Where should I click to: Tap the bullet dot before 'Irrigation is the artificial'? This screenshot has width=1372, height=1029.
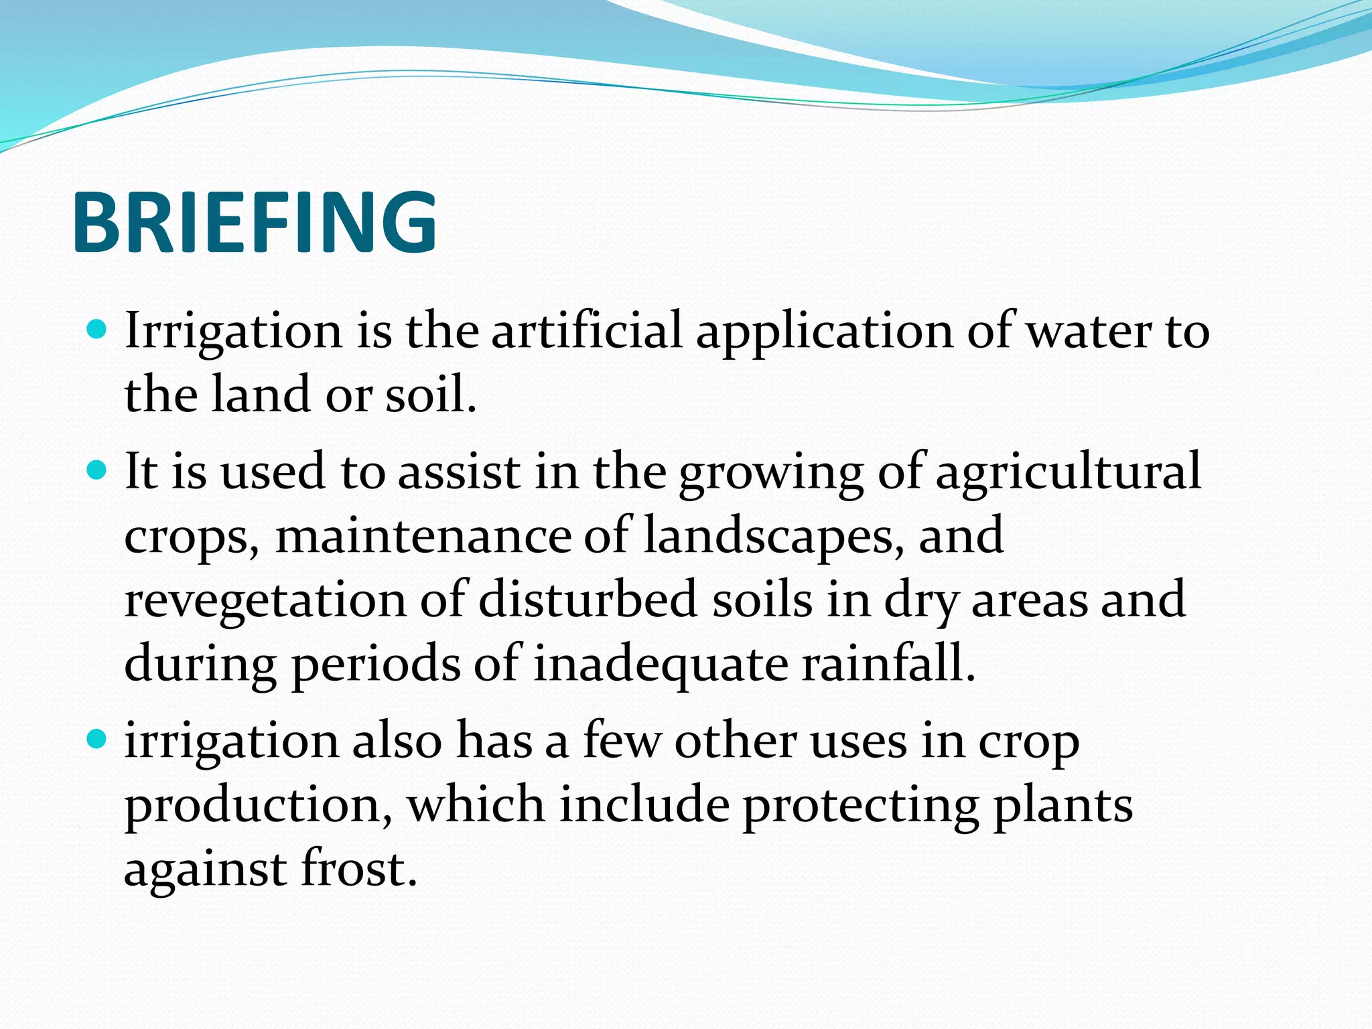pos(97,330)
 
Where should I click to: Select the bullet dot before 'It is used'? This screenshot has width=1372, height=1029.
pos(97,470)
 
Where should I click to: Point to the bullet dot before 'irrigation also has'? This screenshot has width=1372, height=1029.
pos(97,740)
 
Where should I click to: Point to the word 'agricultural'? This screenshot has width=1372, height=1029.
pos(1068,472)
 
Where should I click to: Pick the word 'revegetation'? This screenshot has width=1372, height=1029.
pos(265,601)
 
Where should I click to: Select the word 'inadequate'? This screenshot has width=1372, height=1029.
pos(661,665)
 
